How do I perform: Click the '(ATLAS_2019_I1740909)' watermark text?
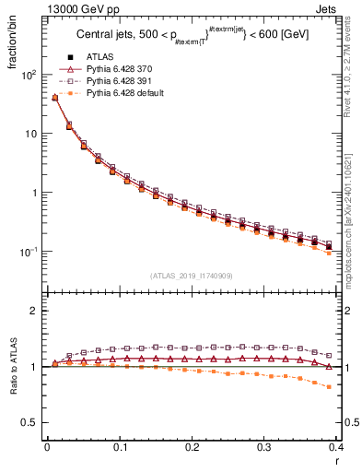[x=191, y=276]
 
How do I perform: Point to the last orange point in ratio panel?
[x=329, y=387]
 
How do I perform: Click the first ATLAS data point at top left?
[x=54, y=97]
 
